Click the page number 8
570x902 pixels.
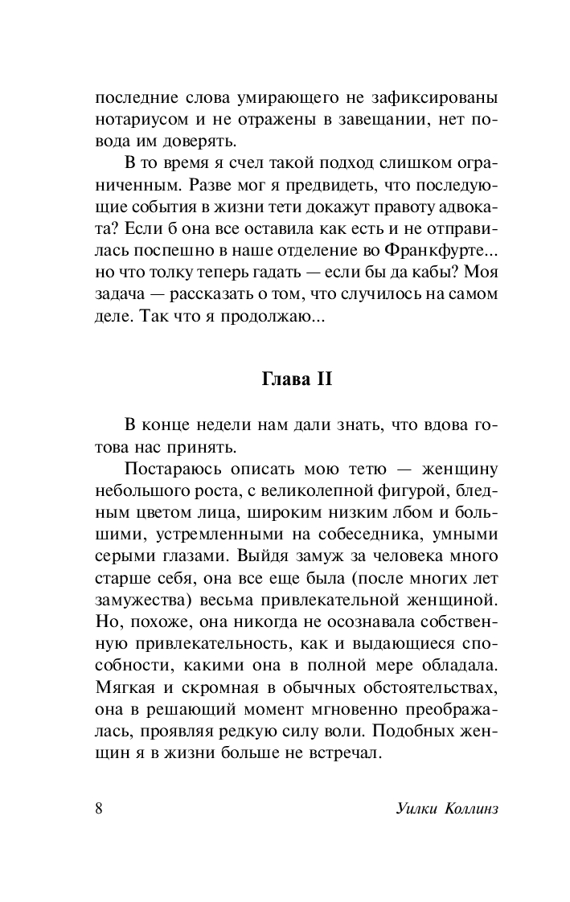(x=99, y=808)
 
